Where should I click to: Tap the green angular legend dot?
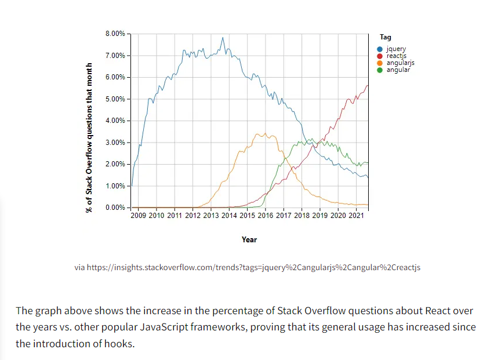(380, 70)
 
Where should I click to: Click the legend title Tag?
(385, 37)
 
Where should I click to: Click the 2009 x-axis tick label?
(139, 216)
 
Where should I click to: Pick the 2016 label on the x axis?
(266, 216)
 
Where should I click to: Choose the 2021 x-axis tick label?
(356, 216)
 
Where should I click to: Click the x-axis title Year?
(249, 239)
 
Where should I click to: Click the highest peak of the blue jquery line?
(223, 38)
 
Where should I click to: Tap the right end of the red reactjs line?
(368, 86)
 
